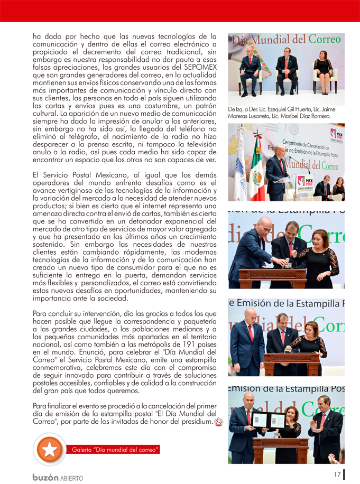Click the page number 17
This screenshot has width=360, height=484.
click(x=337, y=474)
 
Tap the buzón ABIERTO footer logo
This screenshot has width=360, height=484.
click(x=58, y=477)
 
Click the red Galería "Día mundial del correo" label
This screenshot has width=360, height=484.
click(x=114, y=450)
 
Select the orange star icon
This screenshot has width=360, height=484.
click(x=49, y=449)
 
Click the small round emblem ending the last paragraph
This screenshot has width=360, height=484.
click(x=218, y=422)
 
